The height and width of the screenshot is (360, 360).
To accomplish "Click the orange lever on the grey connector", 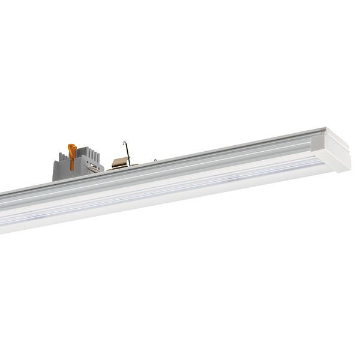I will (72, 154).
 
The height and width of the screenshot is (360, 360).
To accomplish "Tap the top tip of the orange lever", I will (71, 145).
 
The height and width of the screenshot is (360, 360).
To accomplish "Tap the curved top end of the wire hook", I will (125, 142).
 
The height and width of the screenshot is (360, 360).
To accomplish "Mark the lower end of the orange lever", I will (73, 166).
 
